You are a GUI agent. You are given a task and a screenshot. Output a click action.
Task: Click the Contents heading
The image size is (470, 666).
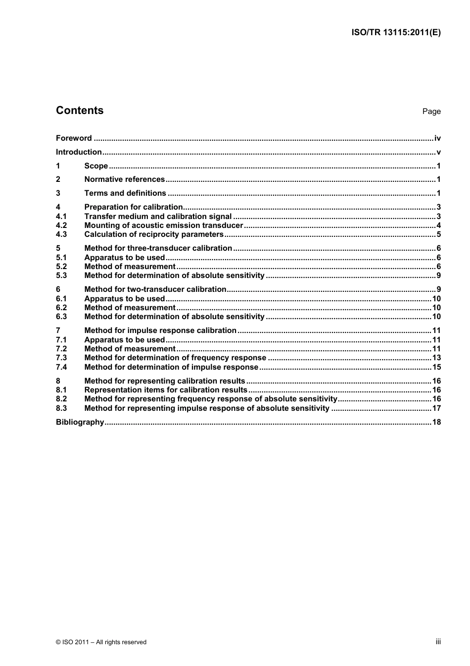click(80, 111)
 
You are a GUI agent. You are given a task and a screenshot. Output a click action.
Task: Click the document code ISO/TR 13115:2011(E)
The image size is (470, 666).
click(395, 33)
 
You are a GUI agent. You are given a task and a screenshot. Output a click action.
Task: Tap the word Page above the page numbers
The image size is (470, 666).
click(431, 111)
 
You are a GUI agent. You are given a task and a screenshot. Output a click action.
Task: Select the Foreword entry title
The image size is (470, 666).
click(74, 138)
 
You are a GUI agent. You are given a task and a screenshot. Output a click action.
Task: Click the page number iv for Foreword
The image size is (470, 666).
click(437, 138)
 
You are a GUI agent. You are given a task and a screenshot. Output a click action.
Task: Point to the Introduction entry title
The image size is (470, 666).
click(79, 152)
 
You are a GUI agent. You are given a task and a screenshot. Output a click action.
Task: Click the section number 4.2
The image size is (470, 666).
click(61, 225)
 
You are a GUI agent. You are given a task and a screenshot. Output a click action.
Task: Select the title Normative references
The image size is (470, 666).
click(124, 179)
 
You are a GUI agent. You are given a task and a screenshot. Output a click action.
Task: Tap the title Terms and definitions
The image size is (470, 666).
click(125, 193)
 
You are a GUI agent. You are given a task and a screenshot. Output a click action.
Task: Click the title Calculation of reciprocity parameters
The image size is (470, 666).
click(154, 234)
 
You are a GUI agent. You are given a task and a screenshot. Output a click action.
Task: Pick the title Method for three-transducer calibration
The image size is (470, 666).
click(158, 248)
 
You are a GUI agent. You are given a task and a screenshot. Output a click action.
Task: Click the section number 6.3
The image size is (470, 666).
click(61, 317)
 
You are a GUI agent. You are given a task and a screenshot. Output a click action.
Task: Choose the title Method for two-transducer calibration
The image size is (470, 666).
click(155, 289)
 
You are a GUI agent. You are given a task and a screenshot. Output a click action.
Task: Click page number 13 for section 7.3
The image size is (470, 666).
click(436, 358)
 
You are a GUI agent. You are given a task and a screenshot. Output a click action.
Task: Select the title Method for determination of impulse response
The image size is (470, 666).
click(171, 367)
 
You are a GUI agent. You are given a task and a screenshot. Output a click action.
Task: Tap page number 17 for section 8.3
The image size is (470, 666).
click(436, 408)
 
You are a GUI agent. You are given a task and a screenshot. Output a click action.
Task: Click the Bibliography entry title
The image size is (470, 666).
click(80, 422)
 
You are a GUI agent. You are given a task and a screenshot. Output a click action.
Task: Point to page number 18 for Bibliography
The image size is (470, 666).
click(436, 422)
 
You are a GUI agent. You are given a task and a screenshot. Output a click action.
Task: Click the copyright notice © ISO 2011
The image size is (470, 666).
click(101, 642)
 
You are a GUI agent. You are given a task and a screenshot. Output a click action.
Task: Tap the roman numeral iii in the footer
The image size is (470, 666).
click(438, 642)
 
